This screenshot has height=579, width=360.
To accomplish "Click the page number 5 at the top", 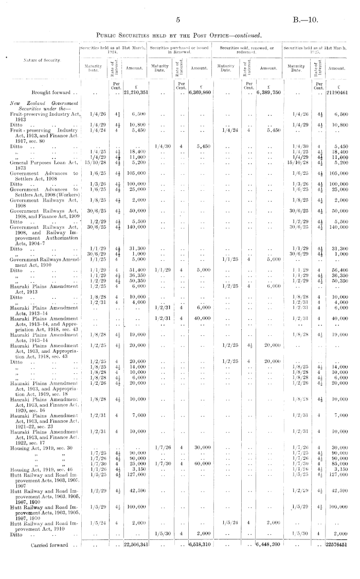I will point(176,20).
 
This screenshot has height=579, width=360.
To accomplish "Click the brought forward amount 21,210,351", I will point(136,93).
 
